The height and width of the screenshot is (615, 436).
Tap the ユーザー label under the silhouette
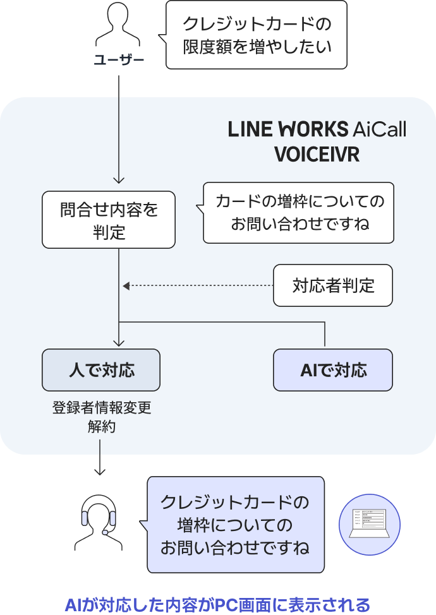tap(119, 61)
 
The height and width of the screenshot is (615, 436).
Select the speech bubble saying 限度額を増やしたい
tap(257, 35)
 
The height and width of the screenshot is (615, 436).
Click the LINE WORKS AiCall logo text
tap(317, 129)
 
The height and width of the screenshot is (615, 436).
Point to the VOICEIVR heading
tap(317, 155)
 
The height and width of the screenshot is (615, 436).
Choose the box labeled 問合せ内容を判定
tap(109, 220)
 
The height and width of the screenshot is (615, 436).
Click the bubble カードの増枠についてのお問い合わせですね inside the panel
tap(298, 213)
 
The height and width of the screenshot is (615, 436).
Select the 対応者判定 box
tap(333, 285)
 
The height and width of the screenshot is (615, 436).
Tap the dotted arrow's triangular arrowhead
tap(126, 286)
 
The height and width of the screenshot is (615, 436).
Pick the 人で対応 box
tap(101, 370)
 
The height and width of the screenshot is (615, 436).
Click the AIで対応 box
tap(333, 370)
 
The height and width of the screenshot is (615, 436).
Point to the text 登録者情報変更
tap(101, 408)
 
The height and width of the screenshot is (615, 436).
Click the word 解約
tap(101, 427)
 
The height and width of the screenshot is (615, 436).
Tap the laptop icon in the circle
tap(370, 524)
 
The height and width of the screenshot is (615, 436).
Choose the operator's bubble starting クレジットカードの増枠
tap(236, 524)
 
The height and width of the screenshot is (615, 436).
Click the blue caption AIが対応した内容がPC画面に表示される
tap(217, 604)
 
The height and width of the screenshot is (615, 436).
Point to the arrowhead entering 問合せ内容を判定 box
tap(119, 181)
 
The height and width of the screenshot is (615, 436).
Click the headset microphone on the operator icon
tap(105, 532)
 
